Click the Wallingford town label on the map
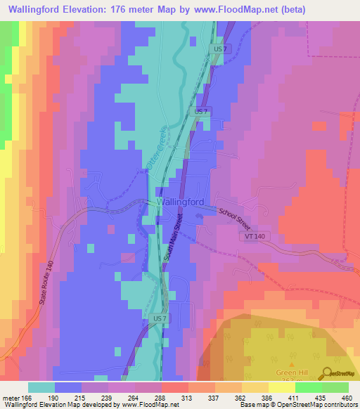coord(181,202)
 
